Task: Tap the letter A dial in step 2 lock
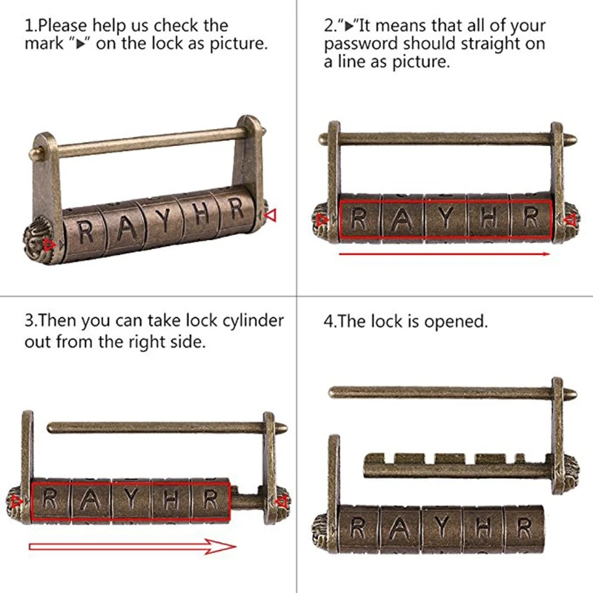click(403, 219)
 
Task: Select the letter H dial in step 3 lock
click(171, 500)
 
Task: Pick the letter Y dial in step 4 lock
click(441, 529)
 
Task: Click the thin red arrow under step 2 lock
click(444, 254)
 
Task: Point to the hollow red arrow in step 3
click(133, 546)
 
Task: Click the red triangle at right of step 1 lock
click(270, 215)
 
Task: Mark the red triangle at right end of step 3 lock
click(281, 503)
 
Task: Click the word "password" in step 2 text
click(361, 44)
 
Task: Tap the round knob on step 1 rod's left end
click(34, 153)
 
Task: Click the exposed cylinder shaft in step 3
click(247, 500)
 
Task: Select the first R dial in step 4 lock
click(358, 528)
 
